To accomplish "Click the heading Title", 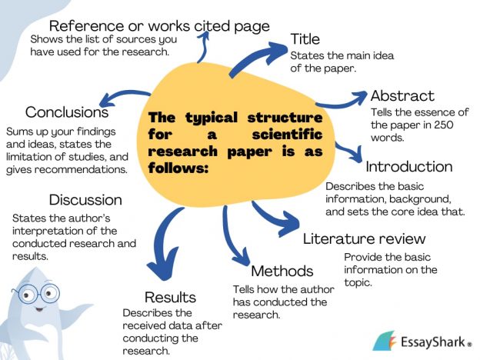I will tap(306, 39).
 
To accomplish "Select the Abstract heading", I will tap(402, 96).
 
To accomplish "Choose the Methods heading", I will tap(282, 271).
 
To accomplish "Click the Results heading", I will tap(171, 297).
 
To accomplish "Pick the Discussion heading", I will tap(85, 200).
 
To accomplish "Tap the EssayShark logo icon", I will tap(384, 340).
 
